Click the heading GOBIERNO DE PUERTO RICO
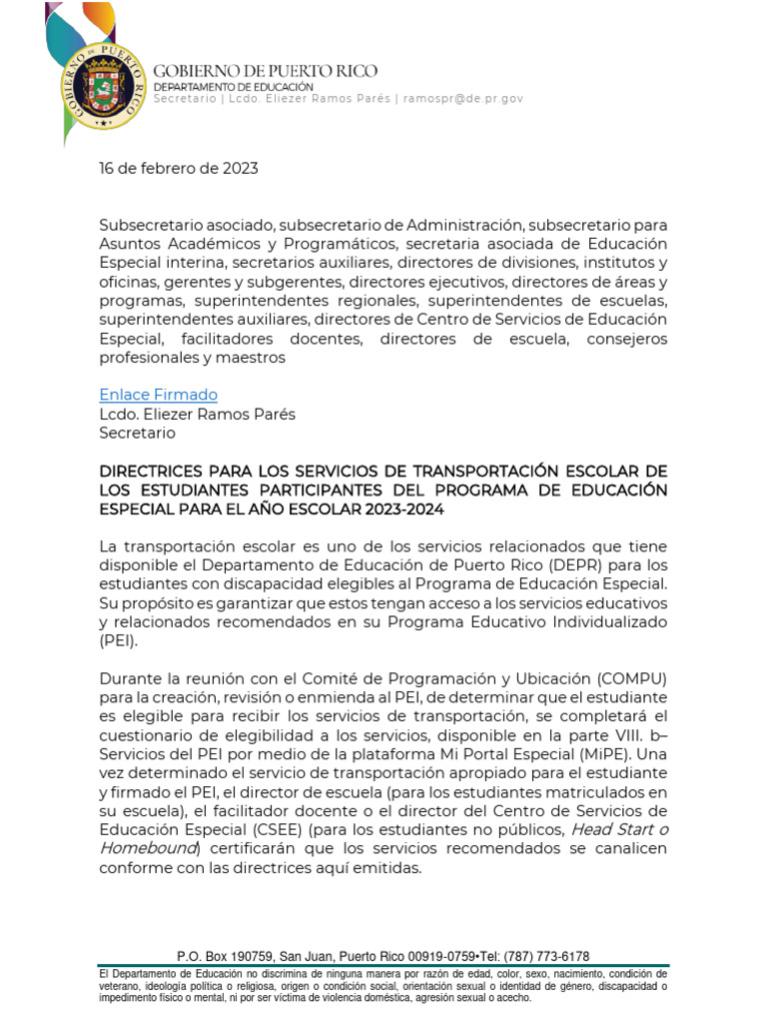point(265,71)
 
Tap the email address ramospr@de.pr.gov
point(462,99)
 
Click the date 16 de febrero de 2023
point(178,168)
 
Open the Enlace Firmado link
point(158,395)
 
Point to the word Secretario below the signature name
point(137,433)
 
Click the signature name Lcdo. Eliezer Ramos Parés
point(197,414)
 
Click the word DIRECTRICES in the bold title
point(151,471)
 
